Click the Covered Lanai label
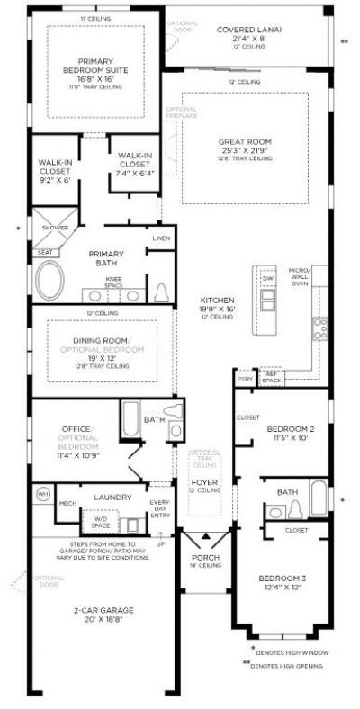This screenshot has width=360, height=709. [x=249, y=30]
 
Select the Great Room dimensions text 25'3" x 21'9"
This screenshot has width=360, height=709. [x=245, y=150]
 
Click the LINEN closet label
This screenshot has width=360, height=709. [x=160, y=238]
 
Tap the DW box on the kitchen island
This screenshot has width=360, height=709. [x=267, y=279]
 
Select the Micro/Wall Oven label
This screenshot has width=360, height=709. [x=299, y=276]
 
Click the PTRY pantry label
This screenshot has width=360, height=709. [x=243, y=380]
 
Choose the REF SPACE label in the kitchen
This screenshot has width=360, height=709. [x=272, y=380]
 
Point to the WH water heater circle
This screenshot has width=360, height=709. [x=42, y=494]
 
